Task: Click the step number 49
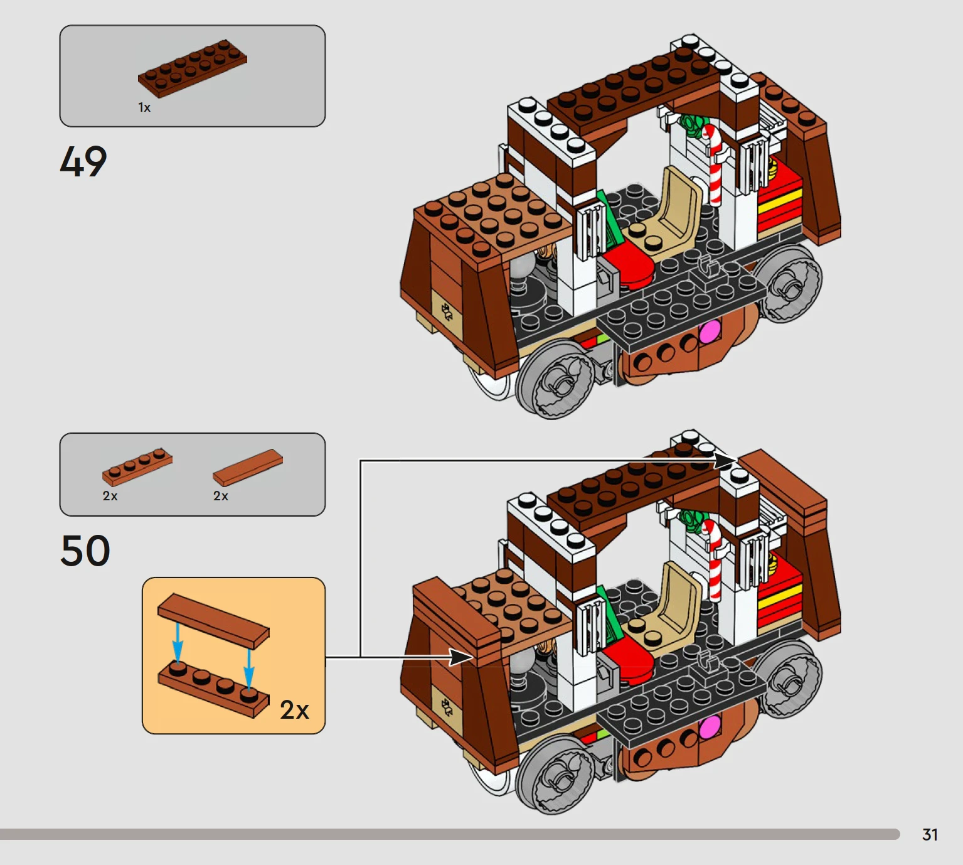[83, 162]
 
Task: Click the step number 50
[85, 551]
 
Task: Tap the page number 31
[930, 835]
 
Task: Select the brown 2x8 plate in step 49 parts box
[193, 69]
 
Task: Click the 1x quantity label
[144, 107]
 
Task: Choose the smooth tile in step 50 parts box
[248, 467]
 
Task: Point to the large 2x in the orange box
[294, 710]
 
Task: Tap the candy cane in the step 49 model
[713, 164]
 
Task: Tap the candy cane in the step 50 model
[713, 559]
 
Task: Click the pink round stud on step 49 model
[709, 331]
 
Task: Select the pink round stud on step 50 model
[709, 727]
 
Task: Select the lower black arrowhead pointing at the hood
[460, 658]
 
